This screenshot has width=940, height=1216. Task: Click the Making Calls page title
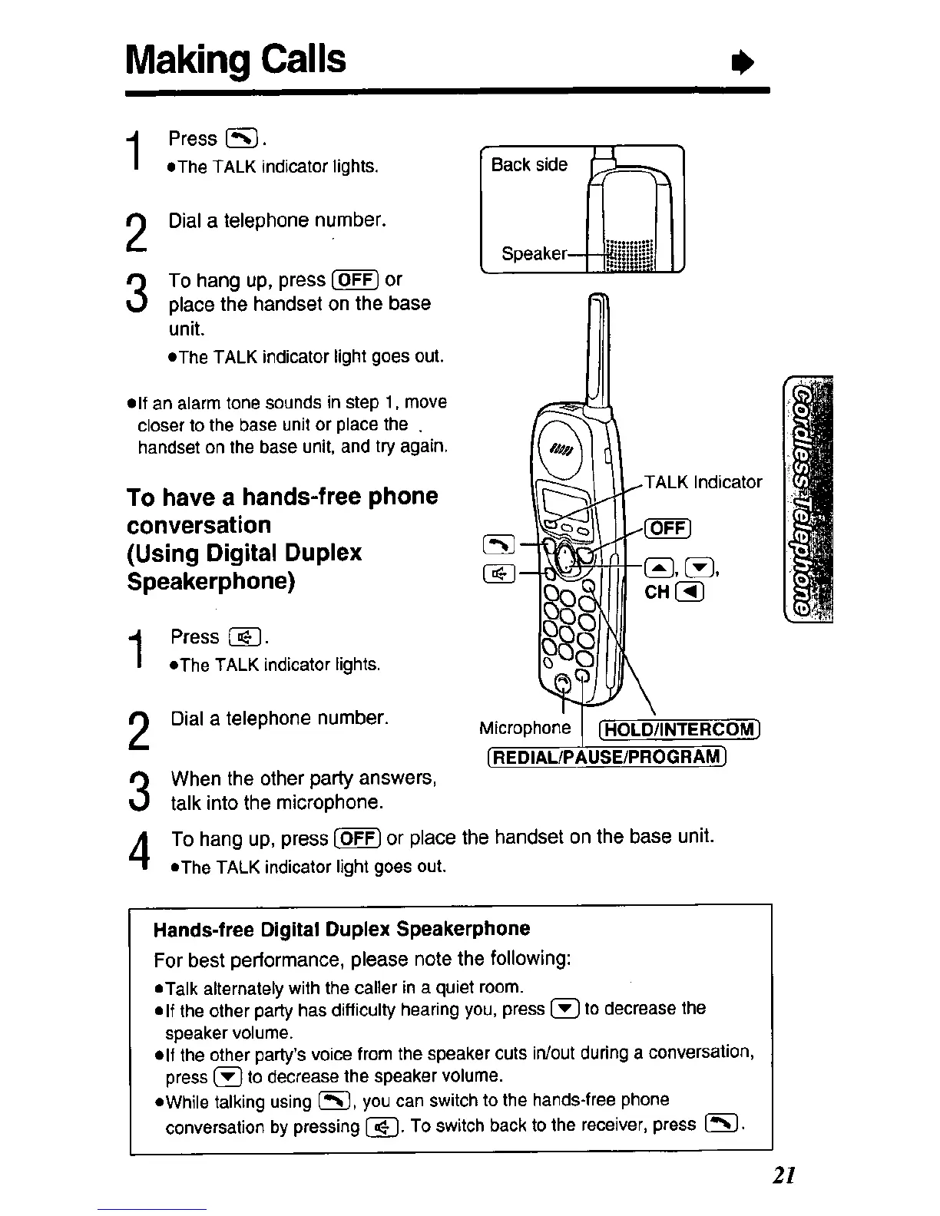[x=237, y=58]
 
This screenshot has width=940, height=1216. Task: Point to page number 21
[x=783, y=1175]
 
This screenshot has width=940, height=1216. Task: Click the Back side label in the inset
[x=529, y=164]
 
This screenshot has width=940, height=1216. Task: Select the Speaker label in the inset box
[x=533, y=253]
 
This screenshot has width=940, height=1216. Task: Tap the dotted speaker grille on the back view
[x=628, y=253]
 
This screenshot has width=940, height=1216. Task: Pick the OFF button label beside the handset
[x=669, y=529]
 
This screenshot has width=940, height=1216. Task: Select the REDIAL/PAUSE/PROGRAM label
[x=607, y=758]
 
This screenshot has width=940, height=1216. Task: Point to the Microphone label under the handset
[x=525, y=728]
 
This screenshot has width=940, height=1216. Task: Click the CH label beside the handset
[x=657, y=592]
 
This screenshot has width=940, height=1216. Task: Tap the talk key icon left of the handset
[x=495, y=544]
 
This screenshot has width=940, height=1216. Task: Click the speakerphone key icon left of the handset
[x=495, y=573]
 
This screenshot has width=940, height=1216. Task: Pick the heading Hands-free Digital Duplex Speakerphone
[x=342, y=929]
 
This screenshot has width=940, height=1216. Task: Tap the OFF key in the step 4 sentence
[x=358, y=838]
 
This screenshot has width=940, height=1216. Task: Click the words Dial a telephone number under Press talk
[x=277, y=221]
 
